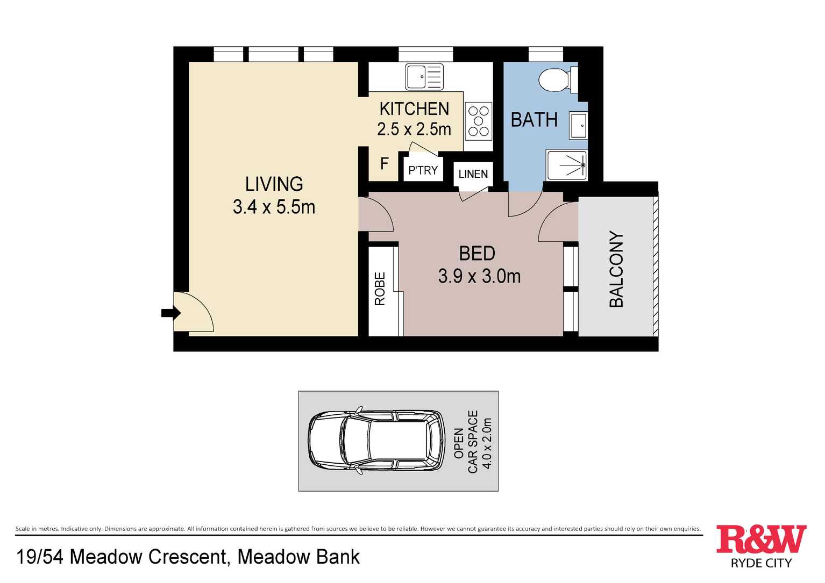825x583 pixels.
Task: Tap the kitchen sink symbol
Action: [x=424, y=77]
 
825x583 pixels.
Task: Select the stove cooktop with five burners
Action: [x=479, y=121]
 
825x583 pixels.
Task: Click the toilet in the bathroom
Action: [x=558, y=80]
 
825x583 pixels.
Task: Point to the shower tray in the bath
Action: [x=567, y=165]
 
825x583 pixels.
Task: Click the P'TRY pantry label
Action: [x=423, y=170]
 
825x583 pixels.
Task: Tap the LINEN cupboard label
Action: [x=473, y=174]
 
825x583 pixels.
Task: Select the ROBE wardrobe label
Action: [x=380, y=289]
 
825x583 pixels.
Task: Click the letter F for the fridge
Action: [x=384, y=163]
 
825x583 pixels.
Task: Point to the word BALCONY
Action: [x=616, y=269]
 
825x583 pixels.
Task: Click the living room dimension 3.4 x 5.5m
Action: [x=274, y=207]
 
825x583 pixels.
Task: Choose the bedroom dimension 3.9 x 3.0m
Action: [x=479, y=276]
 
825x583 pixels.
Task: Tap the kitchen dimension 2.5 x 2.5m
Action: [x=414, y=129]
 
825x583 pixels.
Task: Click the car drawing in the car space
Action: [x=377, y=441]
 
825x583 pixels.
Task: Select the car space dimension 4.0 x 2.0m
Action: [x=487, y=443]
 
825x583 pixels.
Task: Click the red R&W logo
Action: [x=762, y=539]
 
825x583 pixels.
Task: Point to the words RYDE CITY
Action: [x=762, y=563]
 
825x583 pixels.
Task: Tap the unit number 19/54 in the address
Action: [x=40, y=557]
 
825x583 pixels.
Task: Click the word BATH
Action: [x=534, y=120]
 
